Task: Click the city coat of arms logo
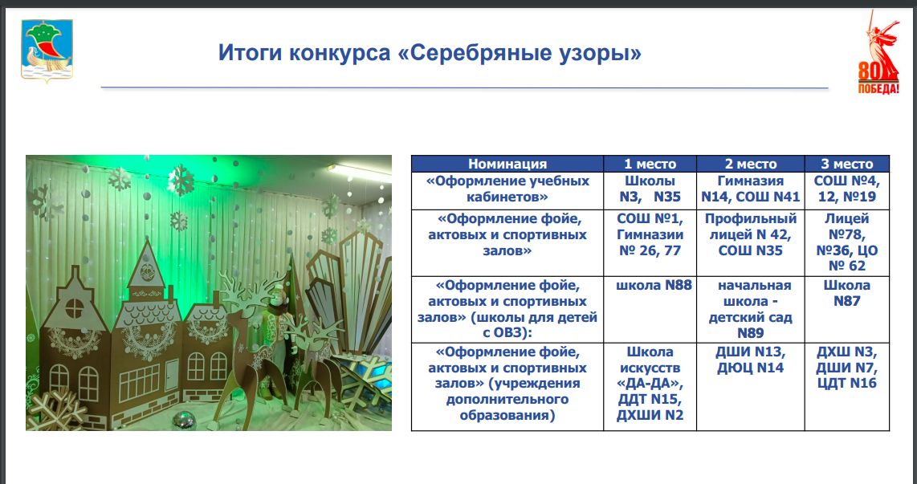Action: coord(47,51)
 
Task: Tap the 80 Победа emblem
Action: coord(878,52)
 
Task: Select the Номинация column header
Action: coord(507,164)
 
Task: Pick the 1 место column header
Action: coord(650,164)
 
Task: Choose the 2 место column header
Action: coord(750,164)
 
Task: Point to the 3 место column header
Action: coord(847,164)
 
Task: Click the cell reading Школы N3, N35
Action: coord(650,190)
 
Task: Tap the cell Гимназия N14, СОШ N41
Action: coord(750,190)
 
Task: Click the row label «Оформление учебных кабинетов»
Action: coord(507,190)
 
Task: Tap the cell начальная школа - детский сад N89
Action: coord(750,309)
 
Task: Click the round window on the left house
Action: coord(74,307)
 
